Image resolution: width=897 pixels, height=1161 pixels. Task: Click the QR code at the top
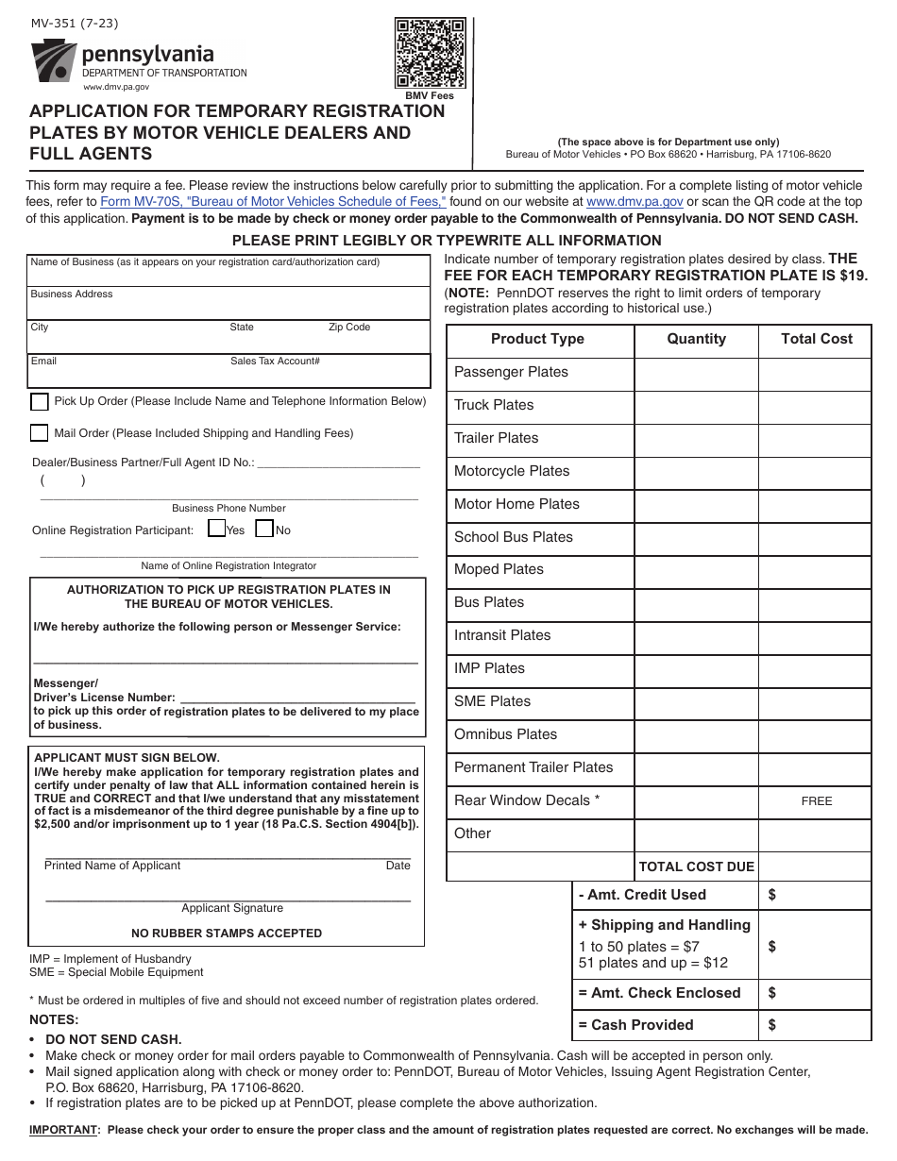[x=430, y=53]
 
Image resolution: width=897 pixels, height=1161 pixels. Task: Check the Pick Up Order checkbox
[x=40, y=402]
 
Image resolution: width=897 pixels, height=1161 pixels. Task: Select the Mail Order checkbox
[x=40, y=433]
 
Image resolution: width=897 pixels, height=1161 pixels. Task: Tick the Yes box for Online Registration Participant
[x=216, y=529]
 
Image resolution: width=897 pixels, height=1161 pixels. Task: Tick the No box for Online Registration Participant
[x=264, y=529]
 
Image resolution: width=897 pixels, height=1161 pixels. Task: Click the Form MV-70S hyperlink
[x=273, y=201]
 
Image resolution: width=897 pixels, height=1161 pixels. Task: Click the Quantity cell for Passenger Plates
[x=696, y=373]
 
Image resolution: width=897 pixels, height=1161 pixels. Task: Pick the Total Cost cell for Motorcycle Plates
[x=816, y=472]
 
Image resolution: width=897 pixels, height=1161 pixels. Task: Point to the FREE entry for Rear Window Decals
[x=817, y=801]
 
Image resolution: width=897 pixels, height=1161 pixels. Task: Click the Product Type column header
[x=537, y=340]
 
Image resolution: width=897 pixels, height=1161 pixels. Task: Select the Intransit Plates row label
[x=502, y=635]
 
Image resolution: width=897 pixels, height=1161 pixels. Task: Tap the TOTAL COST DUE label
[x=696, y=867]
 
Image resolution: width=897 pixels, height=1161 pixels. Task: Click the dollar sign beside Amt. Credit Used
[x=772, y=895]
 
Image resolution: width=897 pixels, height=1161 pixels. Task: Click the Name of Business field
[x=228, y=274]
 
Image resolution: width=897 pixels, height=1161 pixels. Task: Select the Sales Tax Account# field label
[x=275, y=361]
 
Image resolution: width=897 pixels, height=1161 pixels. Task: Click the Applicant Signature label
[x=232, y=908]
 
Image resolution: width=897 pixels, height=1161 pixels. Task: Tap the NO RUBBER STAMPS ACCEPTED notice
[x=227, y=934]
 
